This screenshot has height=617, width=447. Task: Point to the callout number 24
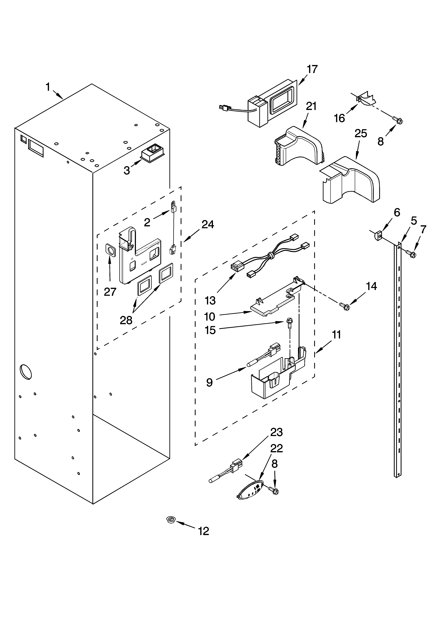point(208,224)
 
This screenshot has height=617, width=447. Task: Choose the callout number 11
point(336,335)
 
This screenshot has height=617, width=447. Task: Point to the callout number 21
point(311,106)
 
